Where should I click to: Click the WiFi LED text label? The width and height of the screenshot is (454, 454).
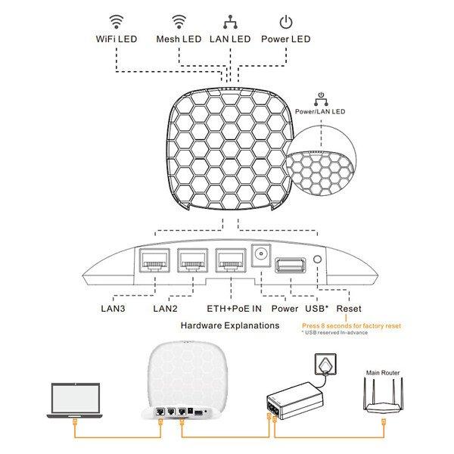coord(117,39)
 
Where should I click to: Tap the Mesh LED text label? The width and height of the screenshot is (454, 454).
coord(179,39)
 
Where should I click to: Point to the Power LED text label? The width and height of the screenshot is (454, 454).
coord(285,39)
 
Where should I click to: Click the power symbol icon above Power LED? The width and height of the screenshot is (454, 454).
coord(285,21)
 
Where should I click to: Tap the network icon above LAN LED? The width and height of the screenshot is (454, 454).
coord(230,21)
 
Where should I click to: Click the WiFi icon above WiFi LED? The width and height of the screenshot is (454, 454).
coord(117,20)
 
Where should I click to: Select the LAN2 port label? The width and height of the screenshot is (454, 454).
coord(166,309)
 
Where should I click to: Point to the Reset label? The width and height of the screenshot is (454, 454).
coord(349,309)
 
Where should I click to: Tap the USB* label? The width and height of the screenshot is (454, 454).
coord(316,309)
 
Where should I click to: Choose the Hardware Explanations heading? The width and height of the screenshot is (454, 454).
coord(229,325)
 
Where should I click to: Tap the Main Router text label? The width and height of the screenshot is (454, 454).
coord(384,372)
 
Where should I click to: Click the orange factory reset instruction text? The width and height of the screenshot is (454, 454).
coord(351,325)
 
